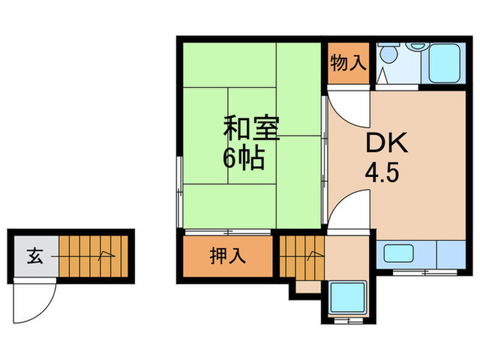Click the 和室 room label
252,129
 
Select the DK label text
386,143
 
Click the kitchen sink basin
400,254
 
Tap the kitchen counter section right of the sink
450,254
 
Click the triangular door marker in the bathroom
382,76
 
